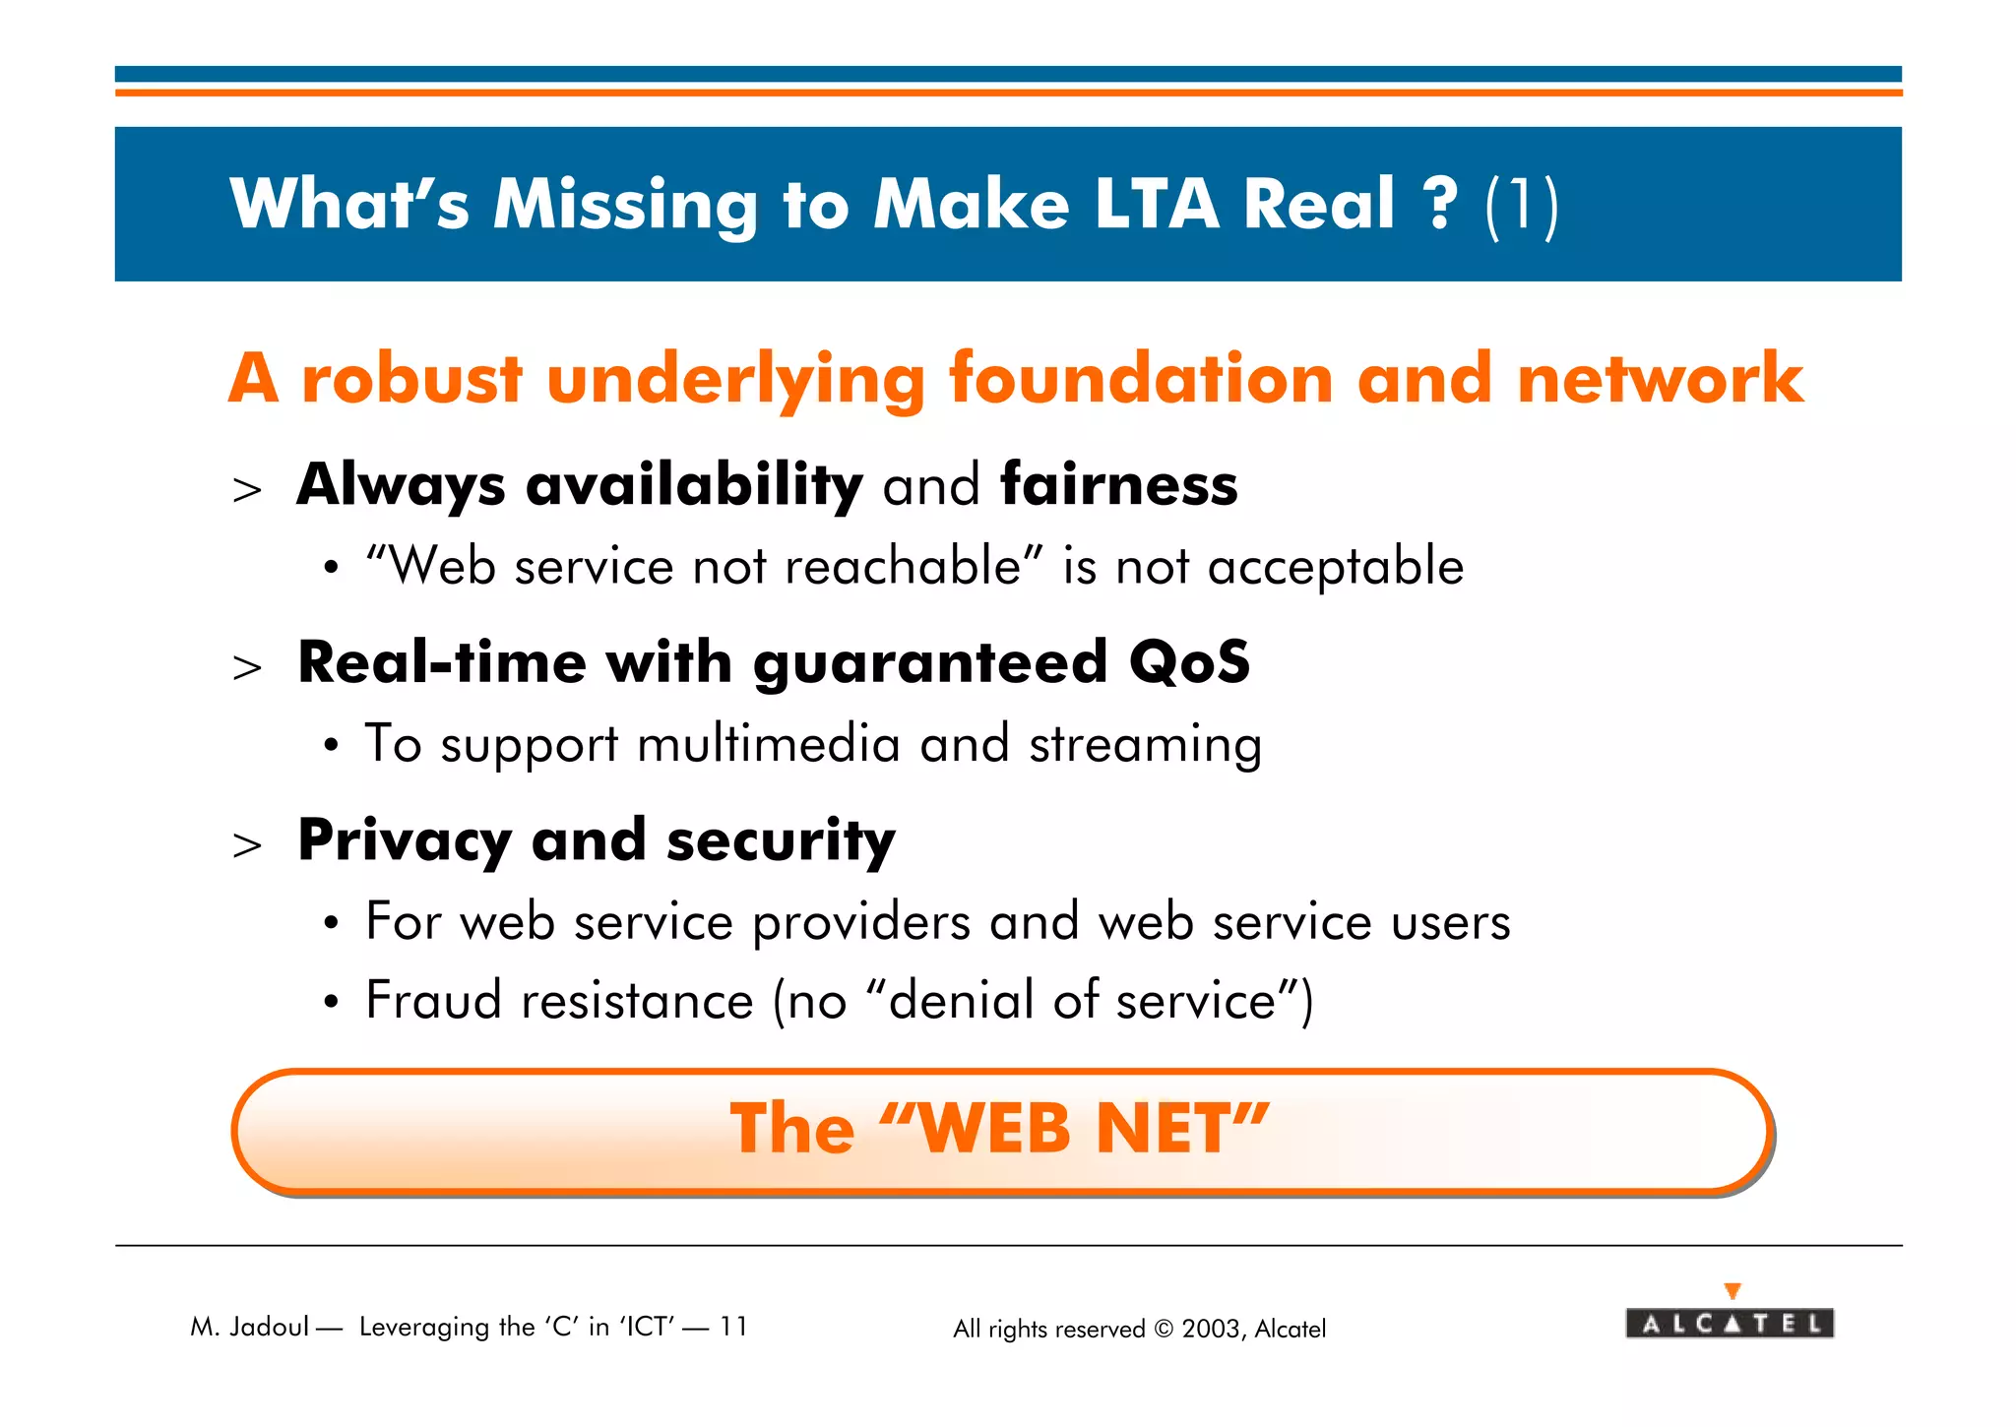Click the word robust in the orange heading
(x=411, y=379)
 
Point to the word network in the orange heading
(x=1661, y=379)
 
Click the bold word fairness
(x=1118, y=485)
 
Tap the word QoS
(x=1189, y=662)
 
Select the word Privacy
(x=405, y=841)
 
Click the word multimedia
(x=768, y=744)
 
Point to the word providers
(x=861, y=923)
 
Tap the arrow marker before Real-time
(x=247, y=667)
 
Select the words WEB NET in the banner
(x=1078, y=1129)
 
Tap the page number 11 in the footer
(x=733, y=1327)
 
